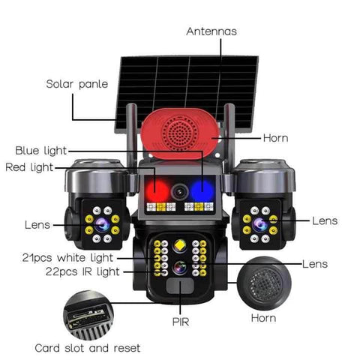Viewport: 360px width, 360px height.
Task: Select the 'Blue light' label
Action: click(x=41, y=150)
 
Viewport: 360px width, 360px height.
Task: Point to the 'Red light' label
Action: click(x=29, y=167)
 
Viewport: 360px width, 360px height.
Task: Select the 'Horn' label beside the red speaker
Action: click(x=275, y=138)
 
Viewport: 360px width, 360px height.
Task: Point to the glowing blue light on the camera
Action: click(x=202, y=189)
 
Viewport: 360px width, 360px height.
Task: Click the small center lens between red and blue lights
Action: click(x=179, y=192)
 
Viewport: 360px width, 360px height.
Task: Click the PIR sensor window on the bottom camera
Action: click(x=179, y=288)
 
